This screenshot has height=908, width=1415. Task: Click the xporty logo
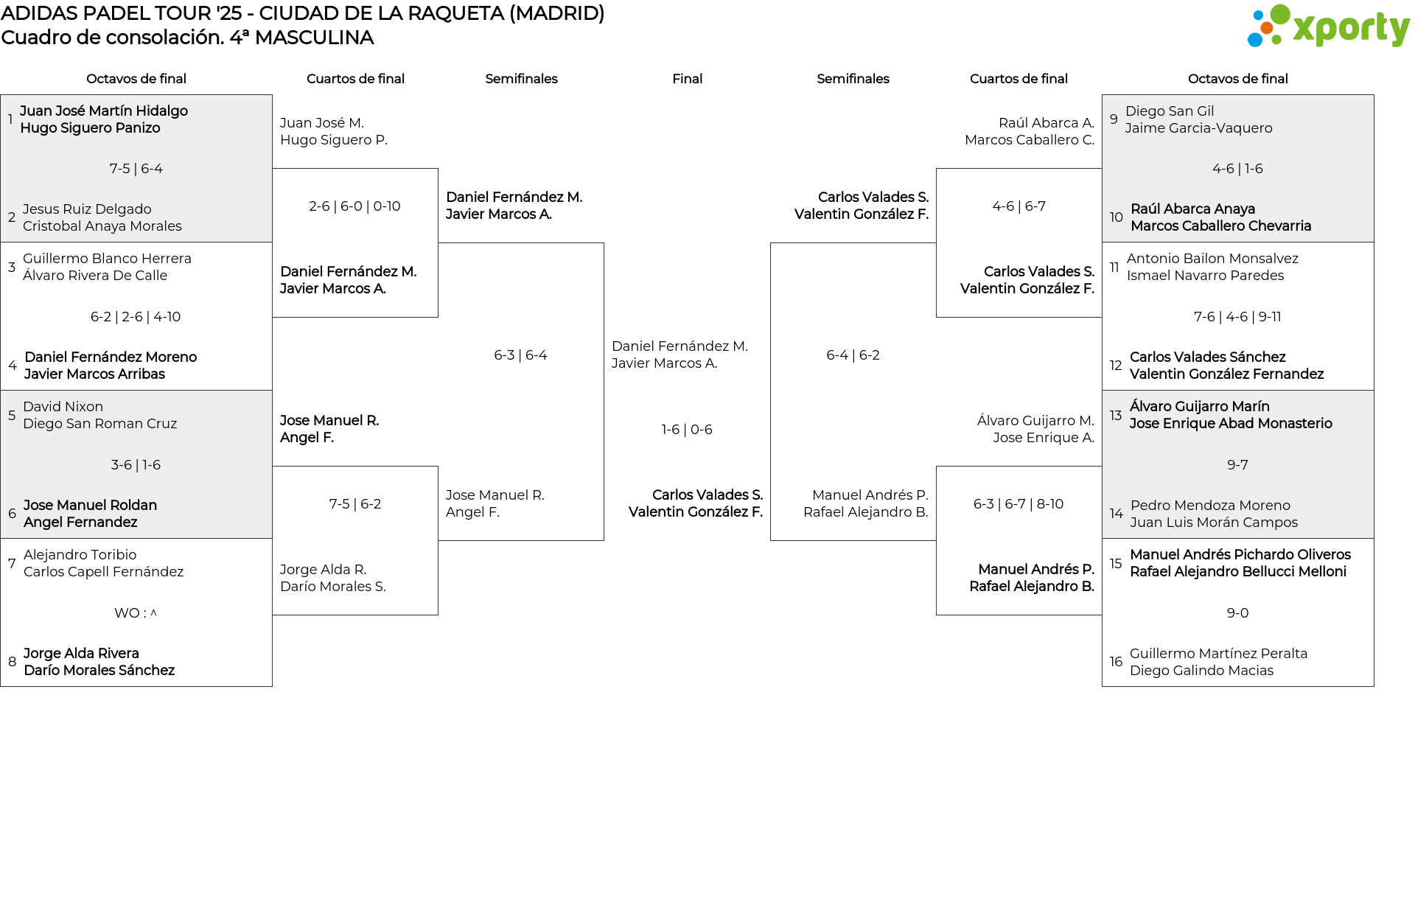[x=1328, y=27]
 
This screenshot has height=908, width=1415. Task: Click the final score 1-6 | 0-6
[x=687, y=430]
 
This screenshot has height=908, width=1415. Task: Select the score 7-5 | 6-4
[x=136, y=169]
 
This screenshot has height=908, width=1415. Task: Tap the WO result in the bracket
[x=136, y=613]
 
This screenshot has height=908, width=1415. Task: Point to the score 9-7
[x=1237, y=465]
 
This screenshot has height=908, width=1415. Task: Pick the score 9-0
[x=1237, y=613]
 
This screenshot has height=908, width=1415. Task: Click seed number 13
[x=1116, y=415]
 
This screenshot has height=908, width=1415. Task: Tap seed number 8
[x=12, y=662]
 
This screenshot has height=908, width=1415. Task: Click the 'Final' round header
[x=687, y=79]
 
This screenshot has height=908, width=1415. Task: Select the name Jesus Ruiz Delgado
[x=87, y=209]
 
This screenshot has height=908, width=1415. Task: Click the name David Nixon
[x=63, y=407]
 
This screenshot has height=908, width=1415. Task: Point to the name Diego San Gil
[x=1170, y=111]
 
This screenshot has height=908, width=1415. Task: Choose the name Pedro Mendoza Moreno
[x=1210, y=506]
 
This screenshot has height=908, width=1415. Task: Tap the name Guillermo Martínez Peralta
[x=1218, y=654]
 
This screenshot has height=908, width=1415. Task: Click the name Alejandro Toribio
[x=80, y=555]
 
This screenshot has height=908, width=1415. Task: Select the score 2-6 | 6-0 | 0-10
[x=354, y=206]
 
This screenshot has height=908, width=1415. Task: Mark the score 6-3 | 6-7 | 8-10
[x=1019, y=504]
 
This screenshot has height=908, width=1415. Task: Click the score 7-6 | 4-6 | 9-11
[x=1237, y=317]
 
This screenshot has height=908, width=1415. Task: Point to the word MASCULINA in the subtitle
[x=314, y=38]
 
